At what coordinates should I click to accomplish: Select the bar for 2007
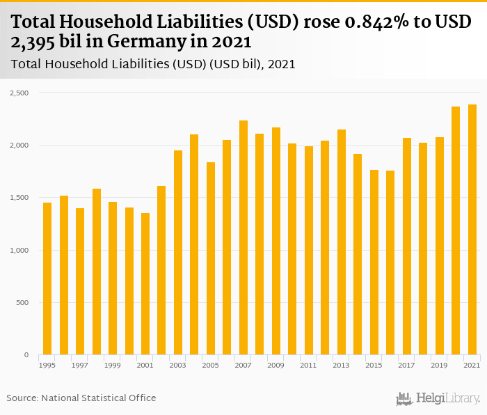pos(243,237)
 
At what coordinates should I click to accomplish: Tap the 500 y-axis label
pos(22,303)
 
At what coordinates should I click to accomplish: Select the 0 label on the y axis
pos(26,355)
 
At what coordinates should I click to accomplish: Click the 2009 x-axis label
pos(276,365)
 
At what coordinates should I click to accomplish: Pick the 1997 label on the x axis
pos(80,365)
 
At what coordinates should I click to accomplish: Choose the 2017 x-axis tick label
pos(406,365)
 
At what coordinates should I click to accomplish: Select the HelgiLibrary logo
pos(438,398)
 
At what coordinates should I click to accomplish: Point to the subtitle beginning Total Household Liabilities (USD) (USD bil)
pos(153,64)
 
